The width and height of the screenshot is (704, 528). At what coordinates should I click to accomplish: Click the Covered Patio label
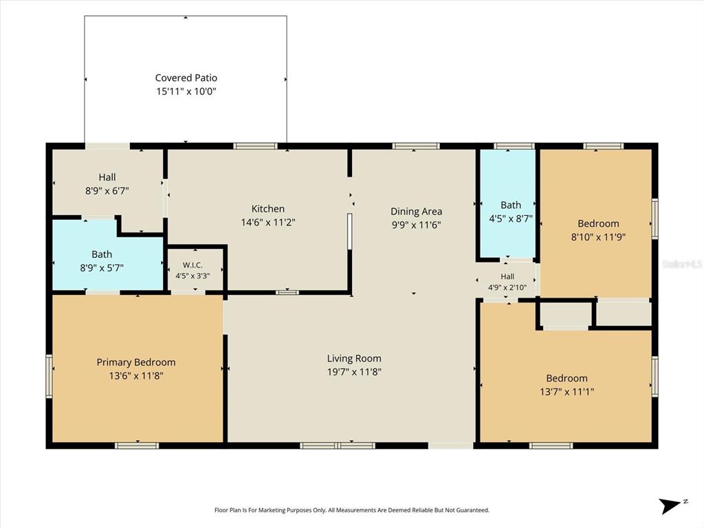pyautogui.click(x=186, y=78)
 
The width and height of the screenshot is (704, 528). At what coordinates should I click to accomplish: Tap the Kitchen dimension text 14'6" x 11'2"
pyautogui.click(x=268, y=222)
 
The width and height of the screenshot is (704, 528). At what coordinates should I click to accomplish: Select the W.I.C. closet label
pyautogui.click(x=192, y=265)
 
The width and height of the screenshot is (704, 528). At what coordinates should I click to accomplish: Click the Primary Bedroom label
pyautogui.click(x=136, y=362)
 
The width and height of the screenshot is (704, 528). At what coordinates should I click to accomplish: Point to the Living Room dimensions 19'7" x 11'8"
pyautogui.click(x=354, y=372)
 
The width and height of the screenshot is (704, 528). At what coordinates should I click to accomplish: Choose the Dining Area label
pyautogui.click(x=416, y=211)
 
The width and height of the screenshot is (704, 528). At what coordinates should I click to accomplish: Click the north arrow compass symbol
pyautogui.click(x=672, y=505)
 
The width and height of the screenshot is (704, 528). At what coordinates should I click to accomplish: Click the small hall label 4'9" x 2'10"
pyautogui.click(x=507, y=282)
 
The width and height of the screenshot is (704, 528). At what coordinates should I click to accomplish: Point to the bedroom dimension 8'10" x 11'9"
pyautogui.click(x=599, y=237)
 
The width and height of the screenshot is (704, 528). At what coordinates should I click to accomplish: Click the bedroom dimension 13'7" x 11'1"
pyautogui.click(x=567, y=392)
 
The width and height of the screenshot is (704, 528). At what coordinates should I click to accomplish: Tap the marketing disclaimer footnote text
pyautogui.click(x=352, y=510)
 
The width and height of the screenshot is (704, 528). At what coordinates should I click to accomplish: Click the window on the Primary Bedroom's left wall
pyautogui.click(x=49, y=376)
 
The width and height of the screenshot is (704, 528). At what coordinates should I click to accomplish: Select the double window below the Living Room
pyautogui.click(x=337, y=445)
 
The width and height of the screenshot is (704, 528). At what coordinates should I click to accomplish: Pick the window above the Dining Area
pyautogui.click(x=416, y=146)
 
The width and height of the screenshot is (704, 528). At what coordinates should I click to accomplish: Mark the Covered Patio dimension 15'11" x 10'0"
pyautogui.click(x=186, y=91)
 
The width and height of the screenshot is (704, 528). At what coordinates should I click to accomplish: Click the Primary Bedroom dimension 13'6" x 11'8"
pyautogui.click(x=136, y=376)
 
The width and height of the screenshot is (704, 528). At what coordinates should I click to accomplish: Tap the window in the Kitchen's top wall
pyautogui.click(x=256, y=146)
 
